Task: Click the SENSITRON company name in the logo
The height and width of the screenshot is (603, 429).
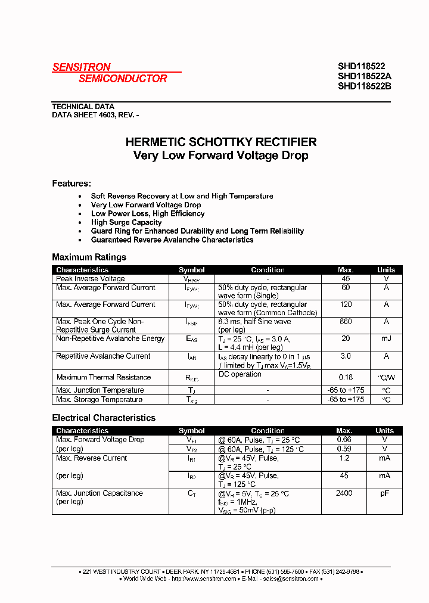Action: click(x=82, y=67)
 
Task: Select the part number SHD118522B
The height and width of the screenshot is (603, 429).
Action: click(x=364, y=86)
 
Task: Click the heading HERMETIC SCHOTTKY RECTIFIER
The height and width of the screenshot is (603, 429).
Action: click(x=221, y=142)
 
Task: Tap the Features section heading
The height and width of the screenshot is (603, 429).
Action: click(x=71, y=184)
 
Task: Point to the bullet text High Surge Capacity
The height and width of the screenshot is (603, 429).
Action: click(x=126, y=222)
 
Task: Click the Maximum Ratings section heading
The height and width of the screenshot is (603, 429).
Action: click(x=89, y=257)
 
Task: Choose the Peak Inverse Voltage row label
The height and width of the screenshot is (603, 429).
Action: click(x=91, y=279)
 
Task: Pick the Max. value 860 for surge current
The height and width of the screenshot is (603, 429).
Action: click(x=346, y=322)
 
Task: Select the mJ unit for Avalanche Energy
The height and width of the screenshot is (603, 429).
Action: click(x=386, y=338)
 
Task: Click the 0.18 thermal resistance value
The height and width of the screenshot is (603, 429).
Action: click(x=346, y=377)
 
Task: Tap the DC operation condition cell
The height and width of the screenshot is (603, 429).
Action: click(x=240, y=374)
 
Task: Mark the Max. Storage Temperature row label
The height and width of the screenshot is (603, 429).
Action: click(x=100, y=400)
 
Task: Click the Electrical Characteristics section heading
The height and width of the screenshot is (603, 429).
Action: click(x=104, y=418)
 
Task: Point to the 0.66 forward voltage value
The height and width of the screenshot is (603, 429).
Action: click(x=344, y=440)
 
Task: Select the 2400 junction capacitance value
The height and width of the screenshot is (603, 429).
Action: click(x=344, y=493)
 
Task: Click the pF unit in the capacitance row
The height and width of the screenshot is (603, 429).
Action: click(x=386, y=493)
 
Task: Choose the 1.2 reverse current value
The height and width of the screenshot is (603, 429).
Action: click(x=344, y=458)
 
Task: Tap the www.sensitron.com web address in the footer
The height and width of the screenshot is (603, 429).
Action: click(x=204, y=579)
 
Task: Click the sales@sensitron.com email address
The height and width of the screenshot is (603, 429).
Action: click(x=291, y=579)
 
